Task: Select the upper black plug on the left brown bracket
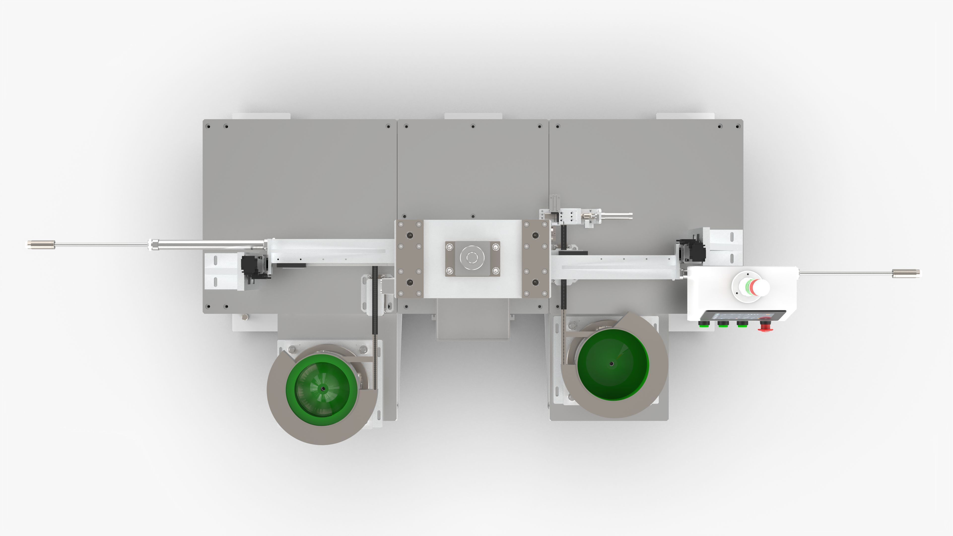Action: pos(409,235)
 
